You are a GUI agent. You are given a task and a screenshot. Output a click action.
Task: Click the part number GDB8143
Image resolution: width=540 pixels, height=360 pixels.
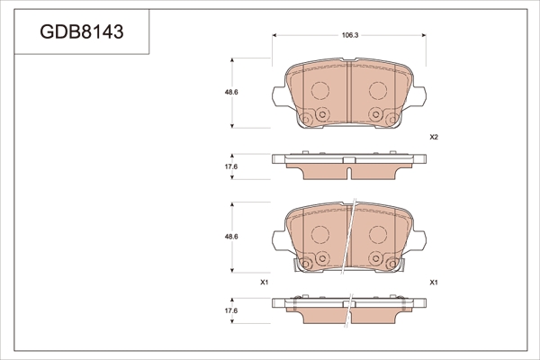click(82, 31)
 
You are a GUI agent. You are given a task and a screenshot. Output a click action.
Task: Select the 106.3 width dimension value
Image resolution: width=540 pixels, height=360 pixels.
click(350, 35)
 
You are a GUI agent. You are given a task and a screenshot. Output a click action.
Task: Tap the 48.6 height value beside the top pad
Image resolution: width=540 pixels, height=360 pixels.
click(231, 92)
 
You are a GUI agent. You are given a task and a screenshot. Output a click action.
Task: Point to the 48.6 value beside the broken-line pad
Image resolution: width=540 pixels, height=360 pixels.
click(231, 237)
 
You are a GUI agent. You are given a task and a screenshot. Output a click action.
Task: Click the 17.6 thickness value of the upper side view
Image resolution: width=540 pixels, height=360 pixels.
click(231, 166)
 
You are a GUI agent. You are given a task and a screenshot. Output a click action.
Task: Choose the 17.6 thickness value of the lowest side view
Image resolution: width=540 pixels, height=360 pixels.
click(231, 310)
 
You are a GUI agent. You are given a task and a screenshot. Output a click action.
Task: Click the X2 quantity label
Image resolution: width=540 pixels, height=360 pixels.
click(434, 137)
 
